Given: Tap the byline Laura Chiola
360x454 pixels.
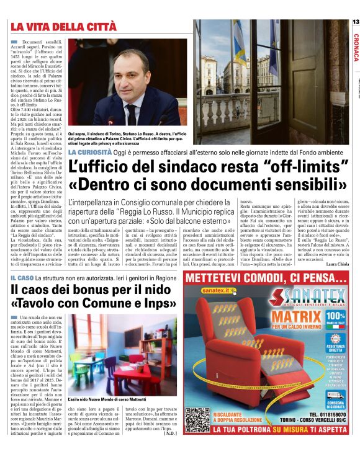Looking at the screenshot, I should (x=336, y=264).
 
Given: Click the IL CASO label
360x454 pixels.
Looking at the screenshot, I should (x=23, y=278).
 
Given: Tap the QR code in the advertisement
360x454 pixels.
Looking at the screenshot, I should (x=198, y=421).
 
